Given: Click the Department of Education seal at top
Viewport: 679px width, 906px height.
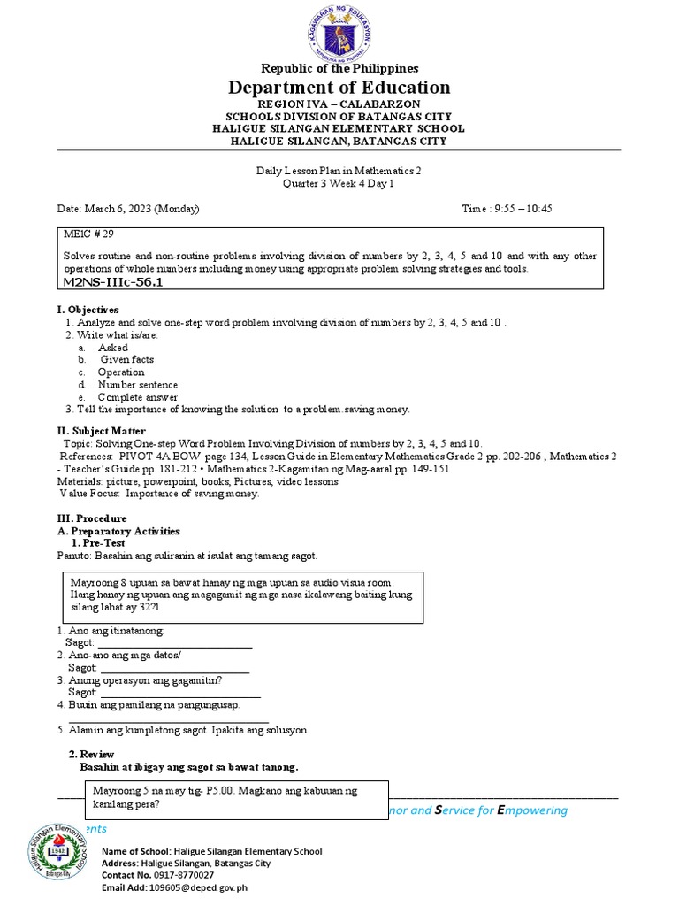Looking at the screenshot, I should tap(339, 30).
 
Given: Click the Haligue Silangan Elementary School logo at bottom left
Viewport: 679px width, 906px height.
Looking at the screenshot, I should tap(57, 857).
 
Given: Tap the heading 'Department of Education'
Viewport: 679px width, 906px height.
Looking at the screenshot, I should tap(339, 88).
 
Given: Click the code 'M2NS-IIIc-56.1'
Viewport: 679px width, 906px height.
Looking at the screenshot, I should tap(113, 281).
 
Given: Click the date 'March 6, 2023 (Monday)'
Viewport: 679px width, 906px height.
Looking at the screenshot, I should tap(141, 209).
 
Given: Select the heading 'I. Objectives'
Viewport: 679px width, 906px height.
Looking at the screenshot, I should tap(88, 311).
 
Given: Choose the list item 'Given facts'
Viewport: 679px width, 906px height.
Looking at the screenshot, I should tap(127, 360).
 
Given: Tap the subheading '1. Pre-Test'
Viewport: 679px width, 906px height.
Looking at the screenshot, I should tap(97, 542).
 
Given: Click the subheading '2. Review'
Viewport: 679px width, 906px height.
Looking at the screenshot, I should tap(92, 754).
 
